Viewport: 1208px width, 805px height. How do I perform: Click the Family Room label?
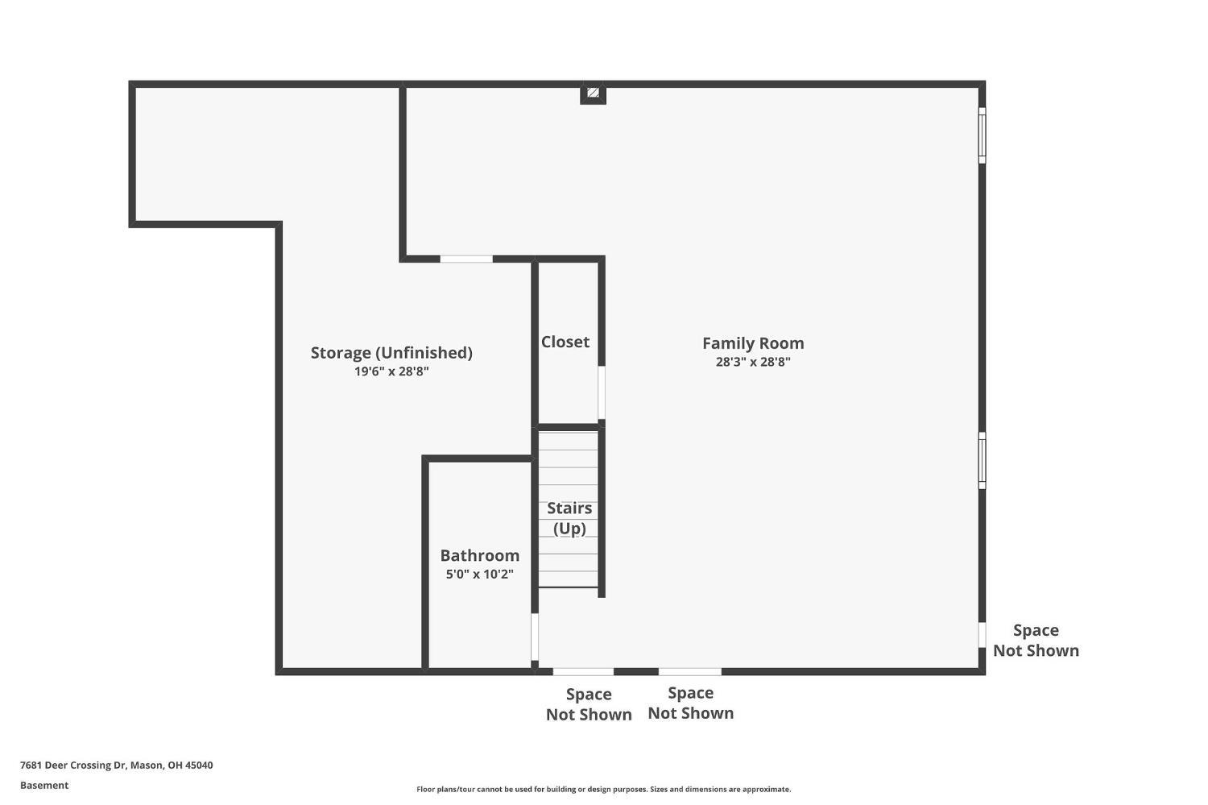pyautogui.click(x=753, y=343)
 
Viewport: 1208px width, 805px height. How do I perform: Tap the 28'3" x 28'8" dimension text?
pyautogui.click(x=753, y=362)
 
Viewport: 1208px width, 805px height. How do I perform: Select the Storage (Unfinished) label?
pyautogui.click(x=391, y=353)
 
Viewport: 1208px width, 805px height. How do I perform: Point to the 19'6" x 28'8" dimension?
pyautogui.click(x=391, y=371)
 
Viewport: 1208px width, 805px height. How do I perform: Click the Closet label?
pyautogui.click(x=565, y=342)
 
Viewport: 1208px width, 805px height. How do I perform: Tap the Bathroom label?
pyautogui.click(x=479, y=555)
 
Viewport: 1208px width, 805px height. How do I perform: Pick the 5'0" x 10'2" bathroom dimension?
pyautogui.click(x=479, y=574)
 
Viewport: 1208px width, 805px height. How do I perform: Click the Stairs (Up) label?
pyautogui.click(x=569, y=518)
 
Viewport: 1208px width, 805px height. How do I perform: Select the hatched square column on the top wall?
pyautogui.click(x=594, y=93)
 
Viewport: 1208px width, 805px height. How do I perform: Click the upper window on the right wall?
pyautogui.click(x=982, y=135)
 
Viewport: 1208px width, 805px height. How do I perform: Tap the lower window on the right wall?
pyautogui.click(x=982, y=460)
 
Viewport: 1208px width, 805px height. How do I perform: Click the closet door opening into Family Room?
pyautogui.click(x=602, y=392)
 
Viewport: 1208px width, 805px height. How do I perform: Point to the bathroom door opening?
pyautogui.click(x=535, y=637)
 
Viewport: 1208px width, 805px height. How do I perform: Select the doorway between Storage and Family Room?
pyautogui.click(x=466, y=259)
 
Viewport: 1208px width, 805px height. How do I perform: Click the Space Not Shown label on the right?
pyautogui.click(x=1036, y=641)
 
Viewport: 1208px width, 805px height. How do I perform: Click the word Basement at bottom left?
pyautogui.click(x=44, y=785)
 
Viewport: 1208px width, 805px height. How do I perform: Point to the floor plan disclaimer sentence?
pyautogui.click(x=603, y=790)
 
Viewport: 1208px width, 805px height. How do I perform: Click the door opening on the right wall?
pyautogui.click(x=982, y=635)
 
